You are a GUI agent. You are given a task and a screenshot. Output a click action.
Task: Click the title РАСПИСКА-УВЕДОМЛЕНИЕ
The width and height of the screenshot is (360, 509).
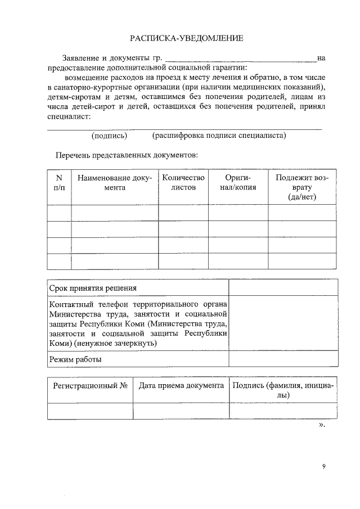187,38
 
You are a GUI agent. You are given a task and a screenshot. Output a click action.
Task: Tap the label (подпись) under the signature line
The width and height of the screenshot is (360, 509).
109,136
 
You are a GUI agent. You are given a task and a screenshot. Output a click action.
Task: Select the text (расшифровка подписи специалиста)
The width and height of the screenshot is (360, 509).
219,136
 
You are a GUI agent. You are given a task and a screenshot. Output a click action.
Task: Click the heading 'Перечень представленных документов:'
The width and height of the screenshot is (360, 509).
126,154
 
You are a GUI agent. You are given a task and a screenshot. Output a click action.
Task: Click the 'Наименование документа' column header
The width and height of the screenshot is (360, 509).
115,183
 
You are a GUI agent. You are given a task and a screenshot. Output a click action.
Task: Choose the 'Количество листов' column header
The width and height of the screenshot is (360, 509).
183,183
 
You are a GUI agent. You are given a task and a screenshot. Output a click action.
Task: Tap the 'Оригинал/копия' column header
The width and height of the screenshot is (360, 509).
237,183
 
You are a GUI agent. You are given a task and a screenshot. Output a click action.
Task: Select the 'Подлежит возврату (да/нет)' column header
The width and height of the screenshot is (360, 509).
302,187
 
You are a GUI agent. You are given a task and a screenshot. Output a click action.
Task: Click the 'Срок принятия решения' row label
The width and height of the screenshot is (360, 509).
93,288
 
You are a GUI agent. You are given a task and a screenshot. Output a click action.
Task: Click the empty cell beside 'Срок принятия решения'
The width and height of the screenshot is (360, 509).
283,288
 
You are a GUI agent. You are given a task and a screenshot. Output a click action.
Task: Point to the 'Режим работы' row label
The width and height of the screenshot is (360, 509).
75,359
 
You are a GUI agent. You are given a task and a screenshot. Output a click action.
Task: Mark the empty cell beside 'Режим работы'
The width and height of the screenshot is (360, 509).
283,359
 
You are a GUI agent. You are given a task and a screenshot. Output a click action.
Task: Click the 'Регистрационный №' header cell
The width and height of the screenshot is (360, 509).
90,386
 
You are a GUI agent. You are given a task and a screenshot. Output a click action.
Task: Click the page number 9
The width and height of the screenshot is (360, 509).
324,466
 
